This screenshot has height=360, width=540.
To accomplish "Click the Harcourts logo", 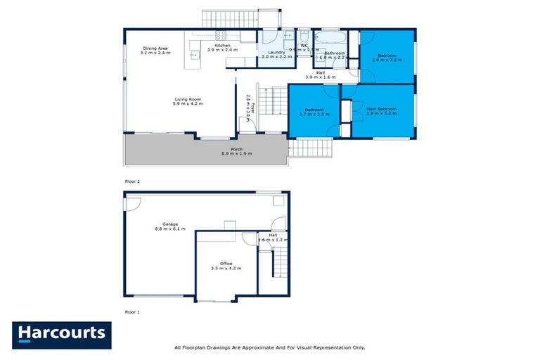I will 61,335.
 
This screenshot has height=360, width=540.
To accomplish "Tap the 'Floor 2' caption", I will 132,181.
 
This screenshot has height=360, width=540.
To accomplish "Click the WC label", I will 304,46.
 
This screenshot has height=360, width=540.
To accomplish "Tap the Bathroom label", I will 334,53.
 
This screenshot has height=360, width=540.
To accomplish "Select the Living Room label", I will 188,101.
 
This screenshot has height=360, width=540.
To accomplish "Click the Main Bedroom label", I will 380,110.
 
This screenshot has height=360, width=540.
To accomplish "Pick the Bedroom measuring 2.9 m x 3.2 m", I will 387,57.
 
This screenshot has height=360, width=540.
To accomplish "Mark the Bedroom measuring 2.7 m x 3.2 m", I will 313,110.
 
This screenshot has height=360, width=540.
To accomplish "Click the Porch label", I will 226,150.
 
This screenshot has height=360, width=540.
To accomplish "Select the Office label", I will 226,265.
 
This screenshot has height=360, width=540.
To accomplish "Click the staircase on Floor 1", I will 279,265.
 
